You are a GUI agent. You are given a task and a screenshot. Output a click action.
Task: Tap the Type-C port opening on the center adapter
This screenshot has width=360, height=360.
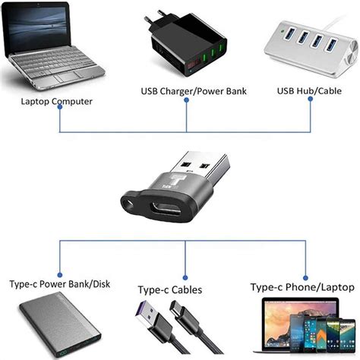[x=163, y=210]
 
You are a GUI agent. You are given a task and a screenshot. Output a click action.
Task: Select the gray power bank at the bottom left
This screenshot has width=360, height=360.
[x=57, y=327]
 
